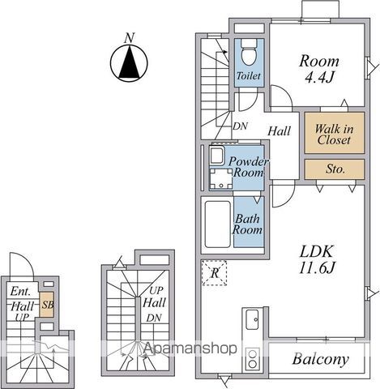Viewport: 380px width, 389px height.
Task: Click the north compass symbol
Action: (129, 62)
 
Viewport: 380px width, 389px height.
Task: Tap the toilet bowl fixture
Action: (249, 53)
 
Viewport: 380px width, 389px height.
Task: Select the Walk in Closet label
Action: (334, 135)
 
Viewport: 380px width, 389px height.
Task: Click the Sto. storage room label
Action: (335, 169)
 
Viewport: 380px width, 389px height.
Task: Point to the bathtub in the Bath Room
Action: (217, 224)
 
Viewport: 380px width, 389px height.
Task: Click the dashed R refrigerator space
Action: (215, 273)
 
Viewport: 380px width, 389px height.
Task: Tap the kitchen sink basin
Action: (252, 319)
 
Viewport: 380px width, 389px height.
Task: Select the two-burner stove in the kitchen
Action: (253, 359)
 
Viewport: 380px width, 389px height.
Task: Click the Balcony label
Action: (321, 359)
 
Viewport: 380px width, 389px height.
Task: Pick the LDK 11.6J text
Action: (317, 259)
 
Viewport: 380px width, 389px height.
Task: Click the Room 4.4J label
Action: (319, 69)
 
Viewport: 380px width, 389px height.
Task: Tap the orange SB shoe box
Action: (47, 305)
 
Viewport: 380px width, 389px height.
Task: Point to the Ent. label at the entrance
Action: (20, 291)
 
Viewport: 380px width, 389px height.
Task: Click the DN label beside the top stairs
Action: (240, 126)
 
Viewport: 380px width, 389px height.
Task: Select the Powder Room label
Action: (248, 167)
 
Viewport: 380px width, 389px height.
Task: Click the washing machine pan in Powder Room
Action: (221, 179)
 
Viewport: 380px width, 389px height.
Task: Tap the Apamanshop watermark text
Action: (190, 348)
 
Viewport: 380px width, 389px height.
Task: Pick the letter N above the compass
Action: (130, 38)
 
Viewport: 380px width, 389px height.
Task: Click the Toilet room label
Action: (249, 76)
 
